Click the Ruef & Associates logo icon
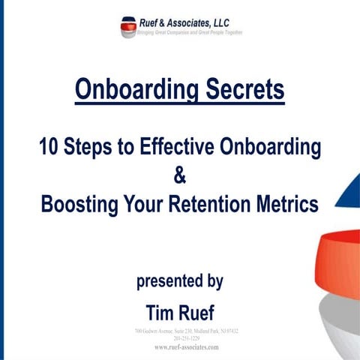click(x=127, y=27)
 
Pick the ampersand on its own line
click(x=179, y=175)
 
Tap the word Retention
click(x=223, y=204)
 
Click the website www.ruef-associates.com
click(x=180, y=348)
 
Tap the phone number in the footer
click(x=180, y=337)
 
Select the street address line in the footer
click(x=180, y=330)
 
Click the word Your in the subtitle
click(x=149, y=204)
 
